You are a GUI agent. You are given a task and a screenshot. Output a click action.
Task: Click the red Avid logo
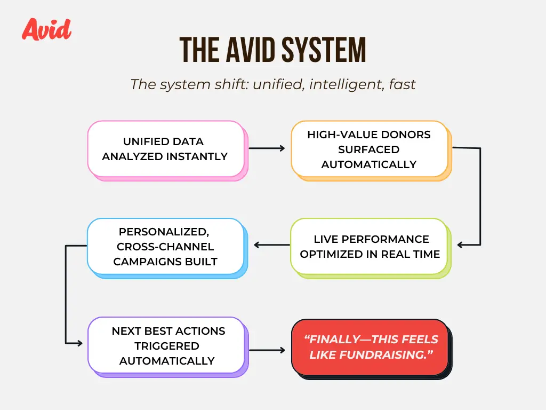coord(47,29)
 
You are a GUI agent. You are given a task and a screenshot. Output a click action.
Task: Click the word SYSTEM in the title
coord(324,50)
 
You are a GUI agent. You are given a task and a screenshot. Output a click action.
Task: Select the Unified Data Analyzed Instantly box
coord(167,151)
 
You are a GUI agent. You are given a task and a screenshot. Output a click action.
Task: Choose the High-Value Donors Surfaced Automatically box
coord(371,151)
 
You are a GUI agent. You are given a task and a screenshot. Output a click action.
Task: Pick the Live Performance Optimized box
coord(371,248)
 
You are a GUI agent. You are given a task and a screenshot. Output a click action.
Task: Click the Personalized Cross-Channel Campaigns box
coord(167,248)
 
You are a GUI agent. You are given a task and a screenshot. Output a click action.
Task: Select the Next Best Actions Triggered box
coord(168,347)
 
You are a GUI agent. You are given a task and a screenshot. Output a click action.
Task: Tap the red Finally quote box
coord(372,349)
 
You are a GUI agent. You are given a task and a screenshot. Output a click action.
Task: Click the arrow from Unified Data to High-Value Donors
coord(267,148)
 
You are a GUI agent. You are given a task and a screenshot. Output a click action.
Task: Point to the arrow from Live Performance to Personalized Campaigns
coord(272,245)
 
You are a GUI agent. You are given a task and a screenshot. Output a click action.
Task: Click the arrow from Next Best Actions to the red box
coord(267,350)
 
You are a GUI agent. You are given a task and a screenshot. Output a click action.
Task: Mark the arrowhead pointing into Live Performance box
coord(460,245)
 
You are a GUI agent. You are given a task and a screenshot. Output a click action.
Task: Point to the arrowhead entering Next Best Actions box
coord(80,343)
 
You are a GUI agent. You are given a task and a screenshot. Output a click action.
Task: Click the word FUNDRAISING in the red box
coord(383,355)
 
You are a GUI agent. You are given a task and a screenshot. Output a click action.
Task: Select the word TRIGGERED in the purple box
coord(167,346)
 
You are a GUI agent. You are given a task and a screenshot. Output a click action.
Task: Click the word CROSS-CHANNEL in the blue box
coord(165,247)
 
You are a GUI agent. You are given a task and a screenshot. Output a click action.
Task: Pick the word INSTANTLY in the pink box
coord(196,156)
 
